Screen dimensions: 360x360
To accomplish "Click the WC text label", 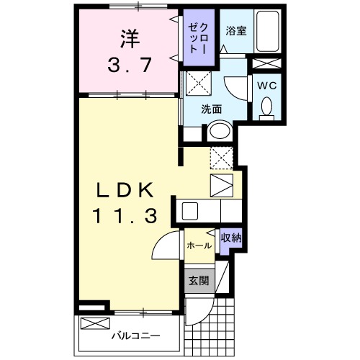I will pyautogui.click(x=267, y=85).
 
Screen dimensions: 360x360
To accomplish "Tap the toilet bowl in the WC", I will pyautogui.click(x=267, y=107).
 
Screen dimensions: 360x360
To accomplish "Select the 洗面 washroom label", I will pyautogui.click(x=211, y=109).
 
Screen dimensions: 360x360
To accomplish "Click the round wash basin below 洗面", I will pyautogui.click(x=218, y=131).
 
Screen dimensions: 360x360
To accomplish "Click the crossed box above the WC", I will pyautogui.click(x=263, y=63).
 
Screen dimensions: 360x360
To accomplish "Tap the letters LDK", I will pyautogui.click(x=126, y=190).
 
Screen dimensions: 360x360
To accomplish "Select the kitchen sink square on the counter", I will pyautogui.click(x=190, y=211).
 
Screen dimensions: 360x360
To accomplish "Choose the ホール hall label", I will pyautogui.click(x=199, y=246).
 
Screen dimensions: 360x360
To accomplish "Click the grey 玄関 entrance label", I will pyautogui.click(x=199, y=281).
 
